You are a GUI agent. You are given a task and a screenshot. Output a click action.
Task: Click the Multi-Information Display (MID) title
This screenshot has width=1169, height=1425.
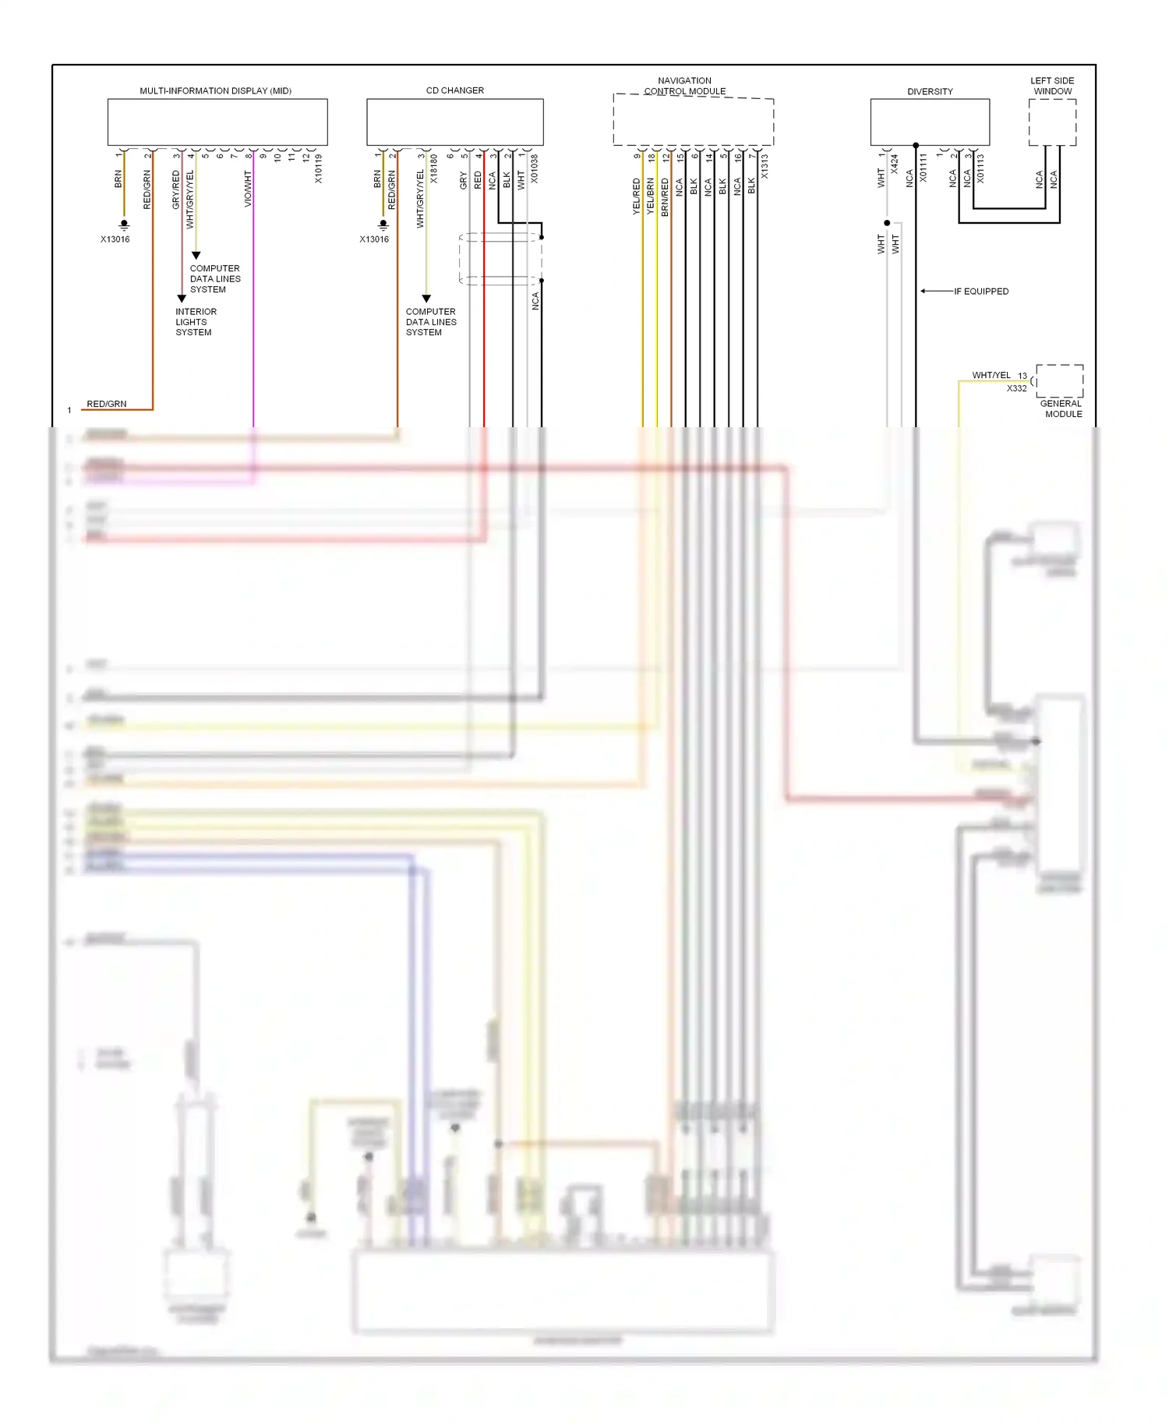pyautogui.click(x=215, y=90)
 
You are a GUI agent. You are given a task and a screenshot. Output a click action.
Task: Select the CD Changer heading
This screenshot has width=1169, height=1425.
pyautogui.click(x=454, y=90)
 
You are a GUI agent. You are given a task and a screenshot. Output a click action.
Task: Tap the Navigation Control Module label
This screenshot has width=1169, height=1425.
pyautogui.click(x=684, y=86)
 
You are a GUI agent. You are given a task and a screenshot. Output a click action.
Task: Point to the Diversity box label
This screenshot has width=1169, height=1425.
pyautogui.click(x=929, y=91)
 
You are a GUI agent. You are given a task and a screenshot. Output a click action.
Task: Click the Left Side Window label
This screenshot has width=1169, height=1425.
pyautogui.click(x=1051, y=86)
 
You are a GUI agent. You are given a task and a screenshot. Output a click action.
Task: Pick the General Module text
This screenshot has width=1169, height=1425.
pyautogui.click(x=1061, y=408)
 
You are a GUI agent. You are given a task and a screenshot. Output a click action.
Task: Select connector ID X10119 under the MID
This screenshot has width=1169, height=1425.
pyautogui.click(x=318, y=168)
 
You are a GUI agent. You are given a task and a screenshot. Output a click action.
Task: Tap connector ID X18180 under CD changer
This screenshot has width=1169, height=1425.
pyautogui.click(x=434, y=168)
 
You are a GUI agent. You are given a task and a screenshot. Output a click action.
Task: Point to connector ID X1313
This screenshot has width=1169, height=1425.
pyautogui.click(x=765, y=166)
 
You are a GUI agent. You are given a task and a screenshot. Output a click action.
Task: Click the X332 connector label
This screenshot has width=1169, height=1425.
pyautogui.click(x=1016, y=388)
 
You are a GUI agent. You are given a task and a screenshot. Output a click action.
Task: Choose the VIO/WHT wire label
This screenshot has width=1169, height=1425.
pyautogui.click(x=248, y=189)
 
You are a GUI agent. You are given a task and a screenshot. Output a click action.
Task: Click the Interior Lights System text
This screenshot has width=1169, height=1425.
pyautogui.click(x=196, y=322)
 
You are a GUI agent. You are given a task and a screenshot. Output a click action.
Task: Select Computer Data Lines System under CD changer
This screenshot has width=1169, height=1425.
pyautogui.click(x=430, y=322)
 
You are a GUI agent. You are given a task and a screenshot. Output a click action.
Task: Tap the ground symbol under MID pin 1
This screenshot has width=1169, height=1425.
pyautogui.click(x=124, y=225)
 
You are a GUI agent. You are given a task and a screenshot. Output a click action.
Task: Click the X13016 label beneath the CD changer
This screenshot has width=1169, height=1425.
pyautogui.click(x=374, y=239)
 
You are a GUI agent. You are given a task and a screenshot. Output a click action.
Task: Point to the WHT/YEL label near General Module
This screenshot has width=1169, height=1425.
pyautogui.click(x=991, y=375)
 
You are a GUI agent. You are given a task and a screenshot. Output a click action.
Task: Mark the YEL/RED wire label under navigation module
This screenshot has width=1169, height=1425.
pyautogui.click(x=636, y=196)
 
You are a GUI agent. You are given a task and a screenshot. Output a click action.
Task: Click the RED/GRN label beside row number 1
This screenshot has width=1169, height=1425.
pyautogui.click(x=106, y=404)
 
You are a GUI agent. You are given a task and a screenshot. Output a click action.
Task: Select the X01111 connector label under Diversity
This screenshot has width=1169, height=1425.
pyautogui.click(x=923, y=168)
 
